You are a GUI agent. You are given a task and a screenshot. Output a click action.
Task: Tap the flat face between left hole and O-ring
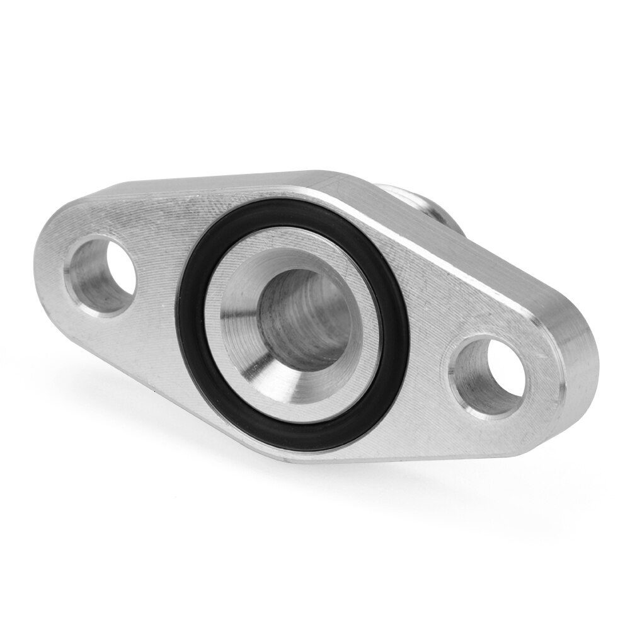click(x=157, y=265)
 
